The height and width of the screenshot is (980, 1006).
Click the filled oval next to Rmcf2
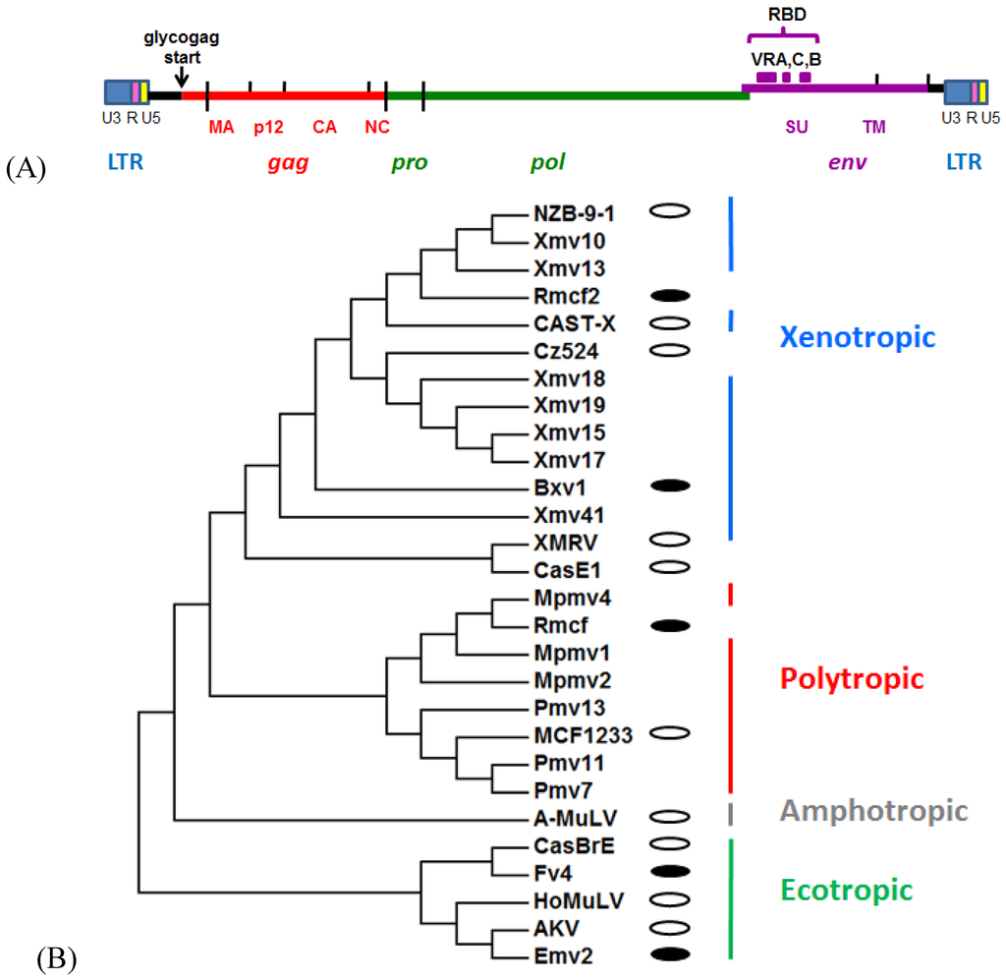pos(670,295)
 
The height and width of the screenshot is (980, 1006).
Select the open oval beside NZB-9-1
pos(670,210)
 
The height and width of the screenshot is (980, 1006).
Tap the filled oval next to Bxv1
pos(670,486)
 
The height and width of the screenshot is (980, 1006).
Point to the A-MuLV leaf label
pos(571,818)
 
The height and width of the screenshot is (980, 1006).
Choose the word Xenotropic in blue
pos(857,337)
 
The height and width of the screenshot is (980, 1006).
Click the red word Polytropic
pos(852,678)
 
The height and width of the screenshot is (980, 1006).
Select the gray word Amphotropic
pos(873,811)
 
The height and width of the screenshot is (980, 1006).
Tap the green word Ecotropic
pos(847,891)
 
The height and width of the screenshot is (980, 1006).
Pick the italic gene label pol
pos(547,161)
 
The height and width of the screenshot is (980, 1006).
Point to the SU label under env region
pos(796,128)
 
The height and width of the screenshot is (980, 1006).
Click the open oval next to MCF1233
pos(670,732)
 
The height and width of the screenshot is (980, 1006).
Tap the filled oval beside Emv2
pos(670,952)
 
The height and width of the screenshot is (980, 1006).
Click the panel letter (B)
pos(56,956)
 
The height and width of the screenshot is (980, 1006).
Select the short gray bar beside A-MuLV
pos(730,815)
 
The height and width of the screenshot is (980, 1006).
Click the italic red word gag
pos(289,162)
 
